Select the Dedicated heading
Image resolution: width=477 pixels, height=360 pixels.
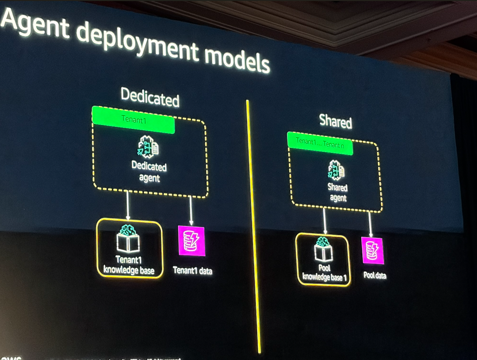(x=150, y=97)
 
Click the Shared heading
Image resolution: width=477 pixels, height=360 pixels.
(x=336, y=121)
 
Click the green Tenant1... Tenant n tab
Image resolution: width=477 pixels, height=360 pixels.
(x=320, y=143)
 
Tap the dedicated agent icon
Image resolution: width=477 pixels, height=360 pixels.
(x=148, y=147)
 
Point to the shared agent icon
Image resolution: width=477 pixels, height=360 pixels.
(x=336, y=171)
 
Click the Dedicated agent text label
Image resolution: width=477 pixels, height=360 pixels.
(x=149, y=172)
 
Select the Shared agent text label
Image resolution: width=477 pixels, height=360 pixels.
(x=338, y=193)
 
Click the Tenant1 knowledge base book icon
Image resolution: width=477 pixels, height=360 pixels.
(x=128, y=239)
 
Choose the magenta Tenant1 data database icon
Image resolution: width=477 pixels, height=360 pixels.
(x=191, y=241)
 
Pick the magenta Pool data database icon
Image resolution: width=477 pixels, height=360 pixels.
(x=373, y=251)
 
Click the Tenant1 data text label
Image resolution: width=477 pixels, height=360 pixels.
(x=193, y=270)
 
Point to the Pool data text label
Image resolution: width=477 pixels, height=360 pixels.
(x=375, y=276)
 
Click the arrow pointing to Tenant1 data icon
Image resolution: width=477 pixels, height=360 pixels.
(x=191, y=210)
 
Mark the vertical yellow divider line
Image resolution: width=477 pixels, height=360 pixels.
(x=253, y=224)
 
